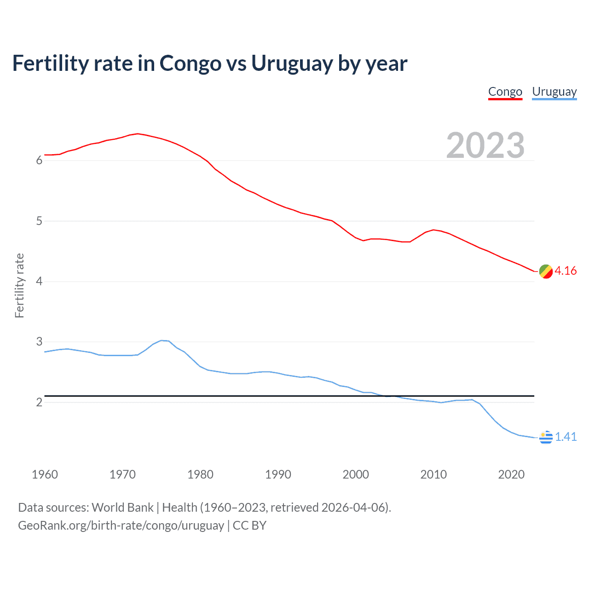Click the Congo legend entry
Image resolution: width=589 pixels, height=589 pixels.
click(505, 92)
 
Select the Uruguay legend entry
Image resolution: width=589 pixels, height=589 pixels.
click(554, 92)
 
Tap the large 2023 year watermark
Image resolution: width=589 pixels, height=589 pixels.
click(485, 145)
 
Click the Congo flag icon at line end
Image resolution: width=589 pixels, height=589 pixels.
click(545, 271)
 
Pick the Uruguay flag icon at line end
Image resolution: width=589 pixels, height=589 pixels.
click(545, 437)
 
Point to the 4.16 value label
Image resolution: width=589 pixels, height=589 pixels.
click(566, 271)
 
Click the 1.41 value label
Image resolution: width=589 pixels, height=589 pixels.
click(566, 437)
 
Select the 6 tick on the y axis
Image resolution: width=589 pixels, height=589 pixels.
click(39, 161)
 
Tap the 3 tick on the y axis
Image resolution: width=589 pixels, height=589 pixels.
click(39, 342)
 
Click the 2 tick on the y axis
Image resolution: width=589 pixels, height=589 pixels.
click(39, 403)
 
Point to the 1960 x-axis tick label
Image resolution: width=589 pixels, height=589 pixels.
click(45, 474)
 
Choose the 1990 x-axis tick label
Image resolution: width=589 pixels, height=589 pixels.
click(278, 474)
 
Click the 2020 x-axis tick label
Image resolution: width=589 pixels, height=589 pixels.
click(511, 474)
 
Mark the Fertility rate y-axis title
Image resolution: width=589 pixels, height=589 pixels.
click(19, 285)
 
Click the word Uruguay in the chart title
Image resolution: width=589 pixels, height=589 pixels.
click(291, 64)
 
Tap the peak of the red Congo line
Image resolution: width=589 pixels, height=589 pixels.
click(138, 134)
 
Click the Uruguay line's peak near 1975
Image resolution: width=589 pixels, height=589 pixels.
click(162, 341)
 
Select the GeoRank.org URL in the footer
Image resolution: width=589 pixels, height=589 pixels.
click(121, 525)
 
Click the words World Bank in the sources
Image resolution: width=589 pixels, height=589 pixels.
click(122, 508)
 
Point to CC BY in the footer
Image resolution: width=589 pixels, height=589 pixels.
click(249, 525)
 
